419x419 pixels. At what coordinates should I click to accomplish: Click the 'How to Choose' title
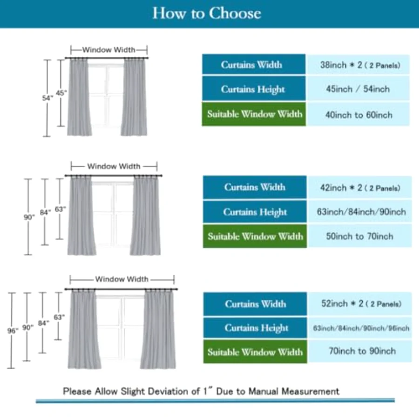point(207,13)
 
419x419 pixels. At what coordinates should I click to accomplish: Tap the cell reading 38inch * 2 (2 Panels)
point(358,64)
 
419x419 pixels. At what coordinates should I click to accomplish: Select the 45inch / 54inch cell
point(358,89)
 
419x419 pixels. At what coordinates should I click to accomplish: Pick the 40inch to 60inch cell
point(358,115)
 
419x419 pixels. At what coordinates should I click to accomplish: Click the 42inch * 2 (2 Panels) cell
point(359,187)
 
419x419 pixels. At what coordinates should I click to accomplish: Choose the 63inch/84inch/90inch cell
point(359,212)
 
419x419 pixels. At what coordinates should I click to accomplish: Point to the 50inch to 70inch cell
point(359,236)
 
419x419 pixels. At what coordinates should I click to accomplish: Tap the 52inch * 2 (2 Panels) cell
point(360,304)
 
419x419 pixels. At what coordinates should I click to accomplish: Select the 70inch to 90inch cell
point(360,351)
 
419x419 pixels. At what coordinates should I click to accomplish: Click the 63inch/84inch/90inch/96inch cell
point(360,328)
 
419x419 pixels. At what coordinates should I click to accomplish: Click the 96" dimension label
point(13,331)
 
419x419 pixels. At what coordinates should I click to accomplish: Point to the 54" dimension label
point(47,98)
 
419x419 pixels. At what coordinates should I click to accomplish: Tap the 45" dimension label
point(61,93)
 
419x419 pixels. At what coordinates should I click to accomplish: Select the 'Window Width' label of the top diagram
point(108,50)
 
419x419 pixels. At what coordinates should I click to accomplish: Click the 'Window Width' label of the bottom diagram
point(122,279)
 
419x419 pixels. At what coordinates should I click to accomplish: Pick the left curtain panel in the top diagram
point(79,97)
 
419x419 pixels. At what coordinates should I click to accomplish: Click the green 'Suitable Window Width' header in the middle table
point(255,236)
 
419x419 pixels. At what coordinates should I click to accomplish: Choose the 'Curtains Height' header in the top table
point(253,89)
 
